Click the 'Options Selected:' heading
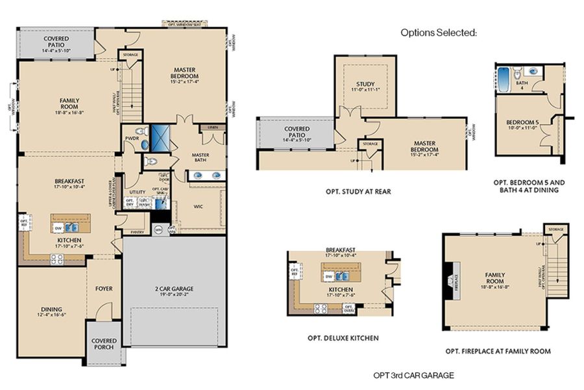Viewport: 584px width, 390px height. click(x=438, y=32)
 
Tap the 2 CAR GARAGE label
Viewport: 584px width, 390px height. click(x=174, y=289)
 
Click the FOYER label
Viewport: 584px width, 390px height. click(x=104, y=288)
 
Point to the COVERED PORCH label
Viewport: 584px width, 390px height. click(x=104, y=343)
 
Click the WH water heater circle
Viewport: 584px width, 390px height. click(x=159, y=229)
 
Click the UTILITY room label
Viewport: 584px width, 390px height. click(x=137, y=192)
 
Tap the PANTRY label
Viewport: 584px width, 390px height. click(x=137, y=231)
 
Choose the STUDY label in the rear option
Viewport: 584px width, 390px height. click(x=365, y=84)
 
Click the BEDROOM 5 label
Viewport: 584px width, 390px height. click(x=522, y=122)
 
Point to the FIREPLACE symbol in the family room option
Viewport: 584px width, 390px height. click(x=452, y=280)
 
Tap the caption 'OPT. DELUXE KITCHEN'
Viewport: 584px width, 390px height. click(x=343, y=338)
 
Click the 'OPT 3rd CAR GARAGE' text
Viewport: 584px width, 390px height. click(x=413, y=375)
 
